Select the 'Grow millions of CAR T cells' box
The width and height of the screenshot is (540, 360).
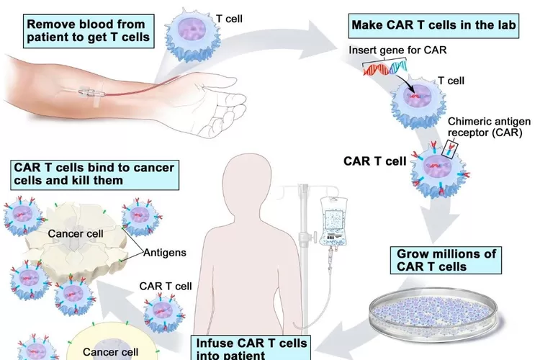(x=446, y=261)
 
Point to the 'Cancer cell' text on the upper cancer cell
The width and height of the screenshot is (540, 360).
(x=75, y=233)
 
